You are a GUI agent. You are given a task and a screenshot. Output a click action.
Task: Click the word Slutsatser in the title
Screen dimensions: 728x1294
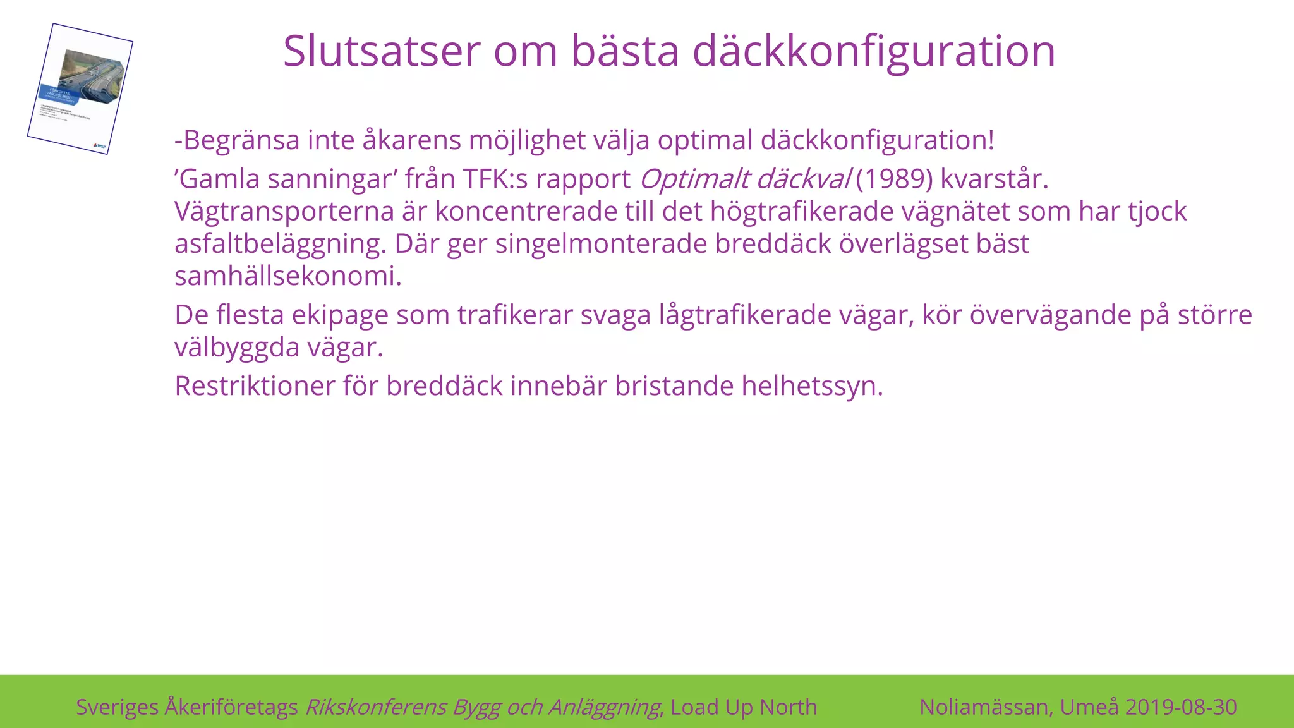coord(381,51)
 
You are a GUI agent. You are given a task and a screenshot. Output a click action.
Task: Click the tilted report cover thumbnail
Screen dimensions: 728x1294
coord(80,88)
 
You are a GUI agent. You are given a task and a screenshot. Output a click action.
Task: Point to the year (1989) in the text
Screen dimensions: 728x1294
coord(894,179)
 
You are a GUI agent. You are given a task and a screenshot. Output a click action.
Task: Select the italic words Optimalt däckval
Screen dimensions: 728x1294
coord(746,179)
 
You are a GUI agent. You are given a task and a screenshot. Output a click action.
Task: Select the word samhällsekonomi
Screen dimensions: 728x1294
coord(287,276)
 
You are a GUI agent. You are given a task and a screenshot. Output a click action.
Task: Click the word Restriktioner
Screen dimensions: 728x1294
coord(255,386)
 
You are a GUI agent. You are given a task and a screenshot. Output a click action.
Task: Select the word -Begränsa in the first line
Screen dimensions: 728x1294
coord(237,140)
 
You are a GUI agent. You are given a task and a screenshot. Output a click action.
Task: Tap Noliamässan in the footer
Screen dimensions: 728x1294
coord(986,707)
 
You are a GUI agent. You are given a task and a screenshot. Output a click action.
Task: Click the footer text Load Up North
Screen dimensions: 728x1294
coord(744,707)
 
